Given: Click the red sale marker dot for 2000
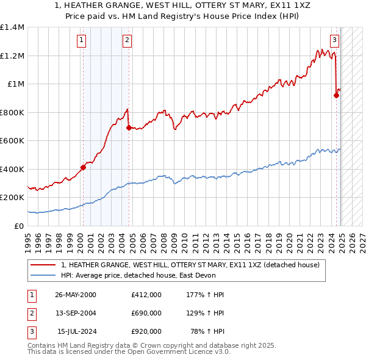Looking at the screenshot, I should (83, 167).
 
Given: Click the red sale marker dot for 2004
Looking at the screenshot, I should (129, 128).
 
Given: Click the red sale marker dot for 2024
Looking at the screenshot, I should (336, 95).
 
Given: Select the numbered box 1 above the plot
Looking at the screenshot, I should (82, 41).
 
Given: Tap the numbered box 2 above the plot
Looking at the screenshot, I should (127, 41).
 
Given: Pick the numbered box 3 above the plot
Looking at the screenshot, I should (335, 41).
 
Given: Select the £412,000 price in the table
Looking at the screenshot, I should (146, 295).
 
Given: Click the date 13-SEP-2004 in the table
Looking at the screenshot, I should (76, 313).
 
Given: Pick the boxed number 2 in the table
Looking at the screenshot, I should (30, 313).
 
